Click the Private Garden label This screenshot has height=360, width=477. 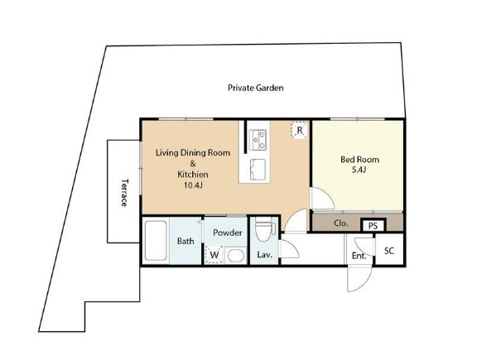pyautogui.click(x=256, y=88)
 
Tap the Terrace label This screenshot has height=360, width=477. pyautogui.click(x=125, y=193)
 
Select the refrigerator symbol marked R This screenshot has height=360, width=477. pyautogui.click(x=300, y=130)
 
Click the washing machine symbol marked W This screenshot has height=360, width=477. pyautogui.click(x=214, y=255)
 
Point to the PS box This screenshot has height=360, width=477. pyautogui.click(x=373, y=226)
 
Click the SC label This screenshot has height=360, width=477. pyautogui.click(x=389, y=251)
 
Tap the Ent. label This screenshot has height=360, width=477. pyautogui.click(x=359, y=256)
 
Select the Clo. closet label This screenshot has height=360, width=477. pyautogui.click(x=340, y=223)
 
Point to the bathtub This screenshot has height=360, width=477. pyautogui.click(x=156, y=241)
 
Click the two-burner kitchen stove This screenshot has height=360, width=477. pyautogui.click(x=258, y=140)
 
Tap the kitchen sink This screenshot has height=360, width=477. pyautogui.click(x=258, y=169)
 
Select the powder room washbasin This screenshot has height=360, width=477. pyautogui.click(x=236, y=256)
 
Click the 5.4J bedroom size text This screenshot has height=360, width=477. pyautogui.click(x=359, y=170)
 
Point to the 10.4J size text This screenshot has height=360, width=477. pyautogui.click(x=193, y=185)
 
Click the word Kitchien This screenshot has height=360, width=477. pyautogui.click(x=193, y=175)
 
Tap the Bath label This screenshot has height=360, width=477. pyautogui.click(x=185, y=241)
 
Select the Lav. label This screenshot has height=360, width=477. pyautogui.click(x=264, y=255)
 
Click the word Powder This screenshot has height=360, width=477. pyautogui.click(x=228, y=233)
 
